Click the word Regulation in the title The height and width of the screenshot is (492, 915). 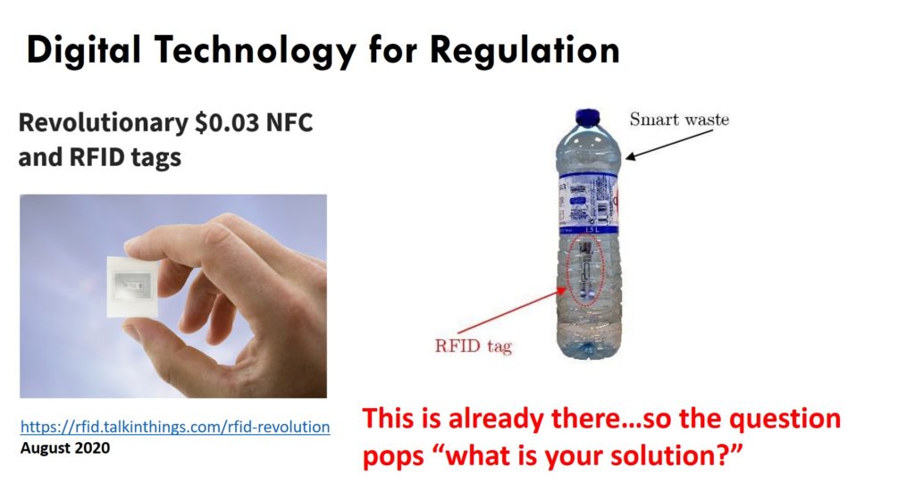525,51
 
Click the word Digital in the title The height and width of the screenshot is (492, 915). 84,51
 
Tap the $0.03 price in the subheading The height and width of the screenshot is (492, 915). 226,123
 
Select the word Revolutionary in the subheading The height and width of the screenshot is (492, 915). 104,124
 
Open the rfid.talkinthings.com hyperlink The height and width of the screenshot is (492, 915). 175,427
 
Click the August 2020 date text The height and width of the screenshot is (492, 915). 64,448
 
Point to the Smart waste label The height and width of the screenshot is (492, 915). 679,120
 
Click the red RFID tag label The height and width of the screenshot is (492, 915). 474,346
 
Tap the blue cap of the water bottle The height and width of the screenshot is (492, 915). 587,117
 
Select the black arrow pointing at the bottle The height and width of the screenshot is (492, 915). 668,144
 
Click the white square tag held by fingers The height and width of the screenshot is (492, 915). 132,287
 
